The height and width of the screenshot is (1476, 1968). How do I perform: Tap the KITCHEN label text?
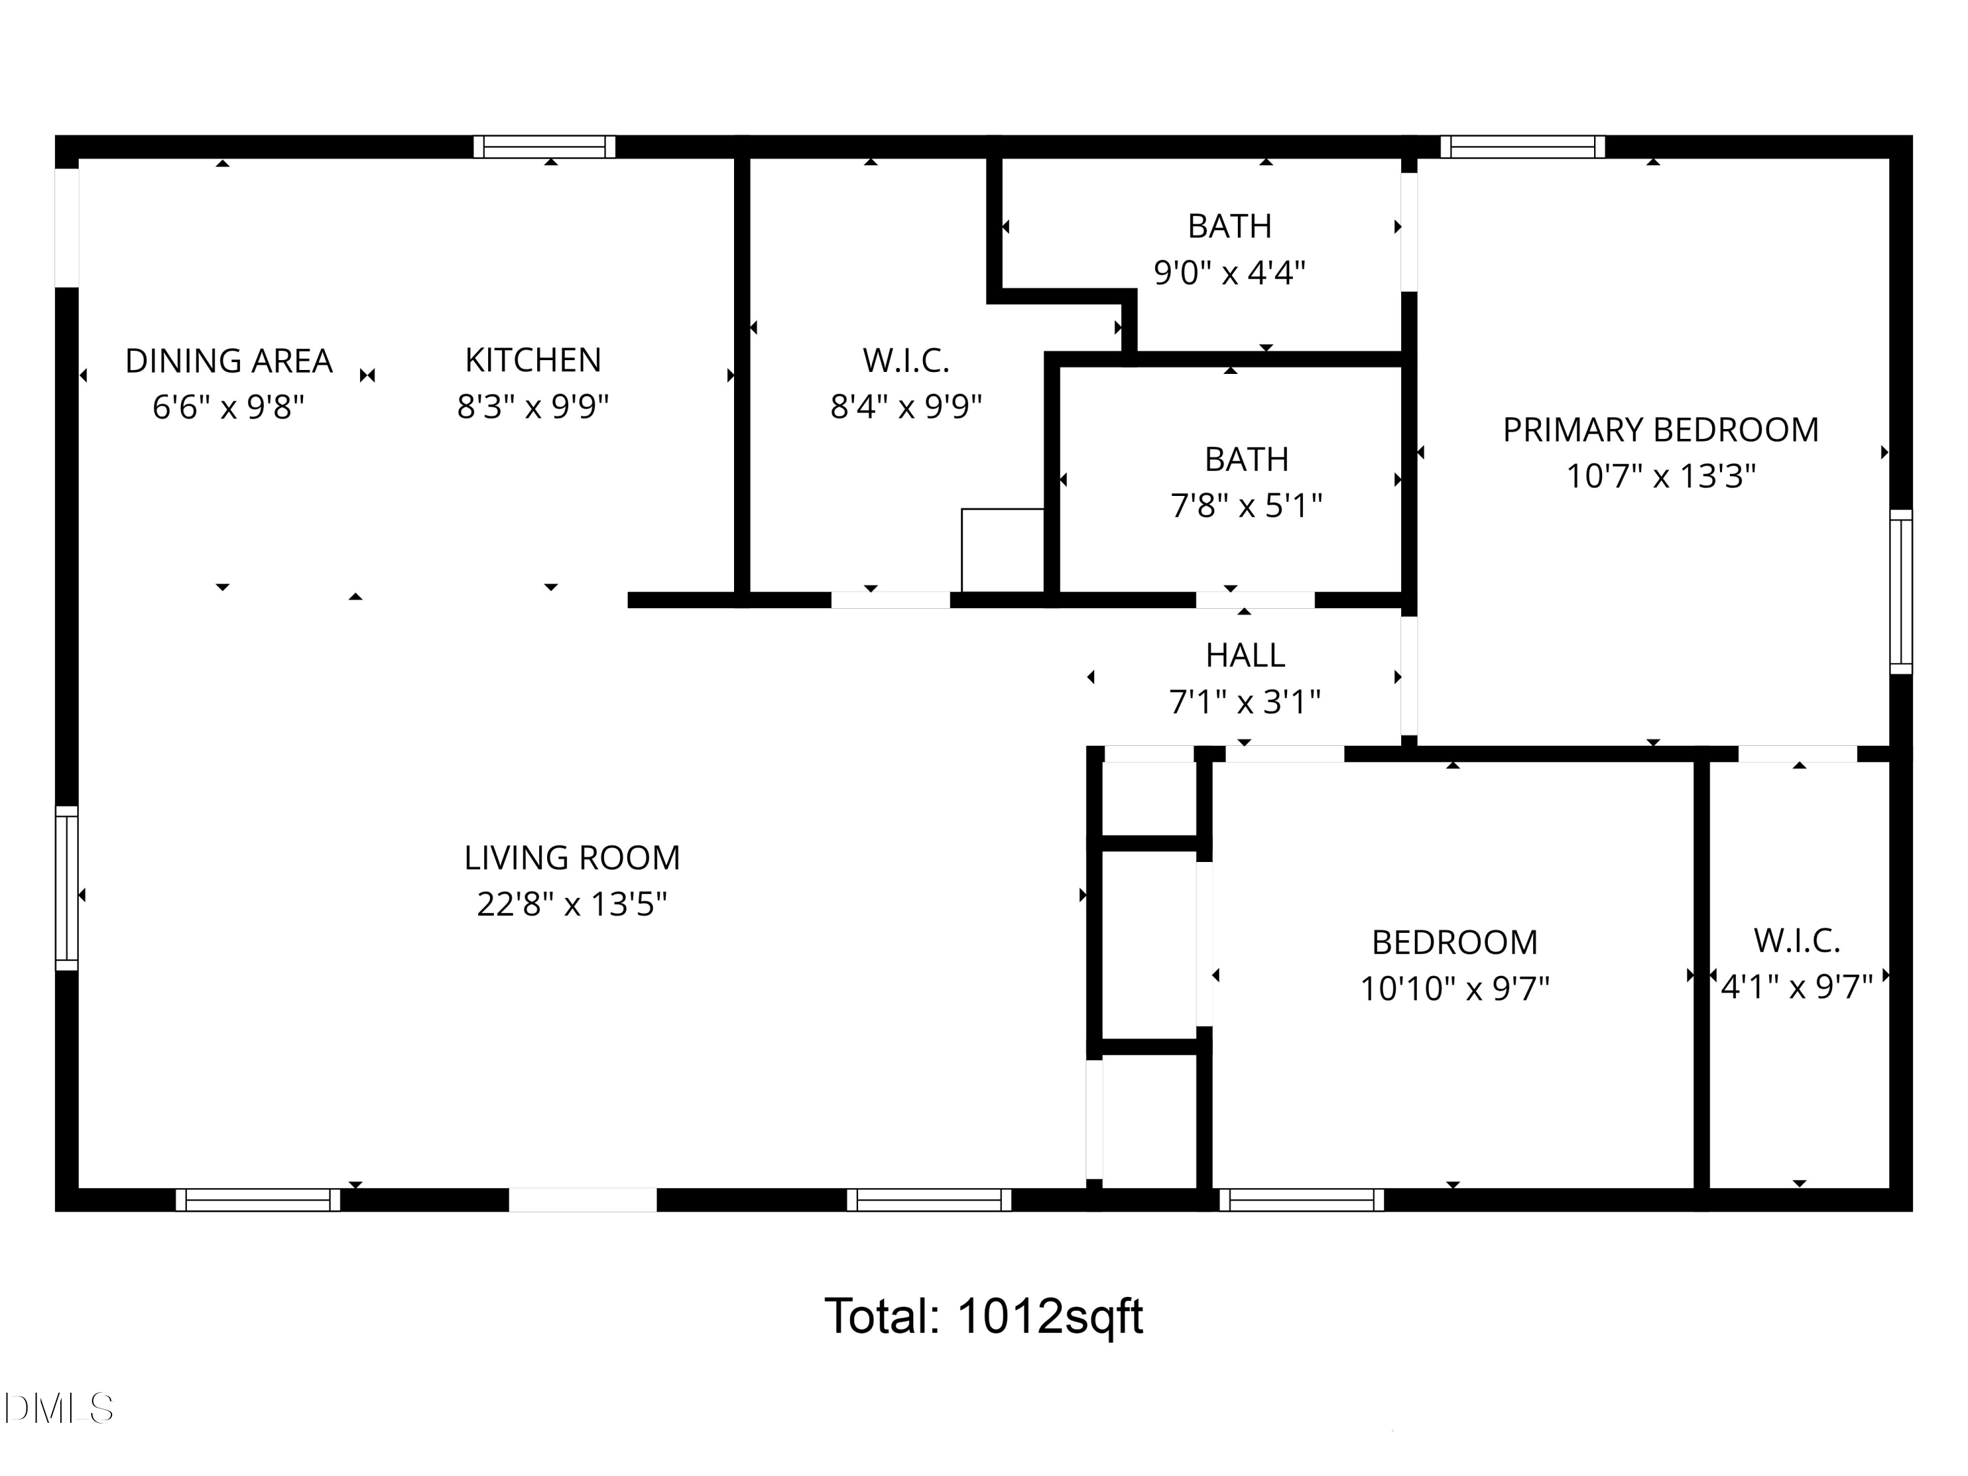click(533, 360)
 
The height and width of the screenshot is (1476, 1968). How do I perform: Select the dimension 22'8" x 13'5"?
click(572, 904)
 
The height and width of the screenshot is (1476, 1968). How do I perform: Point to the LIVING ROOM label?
click(572, 857)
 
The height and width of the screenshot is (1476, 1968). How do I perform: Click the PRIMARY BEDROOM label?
click(1660, 430)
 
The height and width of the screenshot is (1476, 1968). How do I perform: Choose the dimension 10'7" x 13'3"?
click(1661, 476)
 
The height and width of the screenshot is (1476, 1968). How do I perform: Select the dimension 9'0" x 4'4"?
click(1229, 272)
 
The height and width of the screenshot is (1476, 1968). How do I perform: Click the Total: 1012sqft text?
click(983, 1316)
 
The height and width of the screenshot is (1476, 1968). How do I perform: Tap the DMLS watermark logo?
click(59, 1408)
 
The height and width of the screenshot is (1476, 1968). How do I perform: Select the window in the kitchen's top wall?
click(544, 147)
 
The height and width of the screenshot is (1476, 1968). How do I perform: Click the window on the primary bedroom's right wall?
click(1900, 592)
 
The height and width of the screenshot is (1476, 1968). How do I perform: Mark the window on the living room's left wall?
click(67, 888)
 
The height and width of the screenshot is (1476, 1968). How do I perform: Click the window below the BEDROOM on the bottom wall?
click(1302, 1199)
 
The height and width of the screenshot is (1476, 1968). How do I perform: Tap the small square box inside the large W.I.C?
click(1002, 550)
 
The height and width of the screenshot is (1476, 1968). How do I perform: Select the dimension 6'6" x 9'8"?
click(229, 407)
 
